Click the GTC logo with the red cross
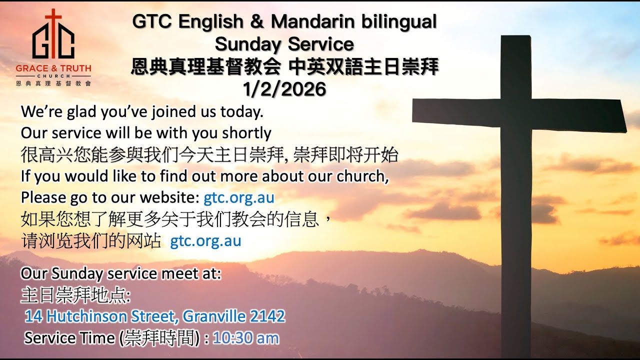click(x=53, y=35)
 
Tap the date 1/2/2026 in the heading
click(x=284, y=89)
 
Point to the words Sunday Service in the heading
click(x=284, y=44)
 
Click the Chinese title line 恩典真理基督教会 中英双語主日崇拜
click(x=284, y=67)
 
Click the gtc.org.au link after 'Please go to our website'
click(x=239, y=197)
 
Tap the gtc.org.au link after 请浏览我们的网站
click(x=205, y=241)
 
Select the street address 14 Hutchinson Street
click(x=102, y=316)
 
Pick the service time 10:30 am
click(x=245, y=338)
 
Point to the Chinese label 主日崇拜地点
click(x=75, y=295)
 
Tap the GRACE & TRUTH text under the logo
click(x=53, y=68)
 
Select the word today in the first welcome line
click(x=242, y=112)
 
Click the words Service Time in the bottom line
click(x=69, y=338)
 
